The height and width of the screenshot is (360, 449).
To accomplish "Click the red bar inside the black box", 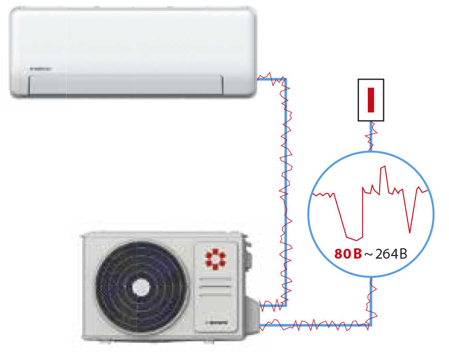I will [370, 100].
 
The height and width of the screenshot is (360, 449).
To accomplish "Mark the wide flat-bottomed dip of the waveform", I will [354, 238].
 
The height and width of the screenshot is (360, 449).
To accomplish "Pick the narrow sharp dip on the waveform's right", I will [410, 230].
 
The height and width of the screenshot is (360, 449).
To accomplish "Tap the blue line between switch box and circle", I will [371, 137].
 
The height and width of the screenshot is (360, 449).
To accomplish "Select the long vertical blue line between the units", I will [285, 197].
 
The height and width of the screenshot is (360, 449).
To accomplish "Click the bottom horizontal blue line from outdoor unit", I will [316, 325].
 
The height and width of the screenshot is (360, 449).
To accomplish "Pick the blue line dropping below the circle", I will [371, 300].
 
